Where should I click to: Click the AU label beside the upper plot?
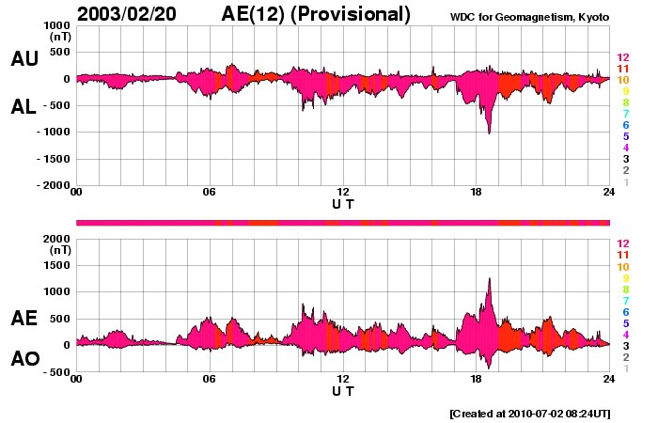24,59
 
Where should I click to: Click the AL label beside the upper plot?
24,107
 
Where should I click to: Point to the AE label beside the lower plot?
24,319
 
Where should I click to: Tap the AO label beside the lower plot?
24,359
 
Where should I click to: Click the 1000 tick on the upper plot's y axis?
55,25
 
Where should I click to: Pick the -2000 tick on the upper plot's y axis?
52,186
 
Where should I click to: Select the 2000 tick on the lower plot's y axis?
55,239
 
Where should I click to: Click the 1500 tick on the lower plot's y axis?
55,265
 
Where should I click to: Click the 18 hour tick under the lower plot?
476,379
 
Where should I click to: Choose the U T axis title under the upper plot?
343,203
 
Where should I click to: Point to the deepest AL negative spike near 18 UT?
489,133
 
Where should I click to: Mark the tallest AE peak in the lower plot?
490,279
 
